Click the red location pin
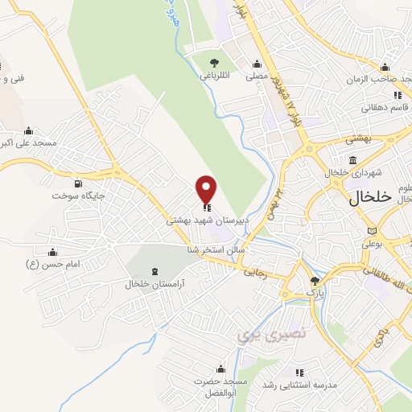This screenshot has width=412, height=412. click(x=207, y=189)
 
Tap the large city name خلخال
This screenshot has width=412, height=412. click(x=370, y=197)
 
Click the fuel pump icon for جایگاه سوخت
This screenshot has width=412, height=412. click(x=77, y=183)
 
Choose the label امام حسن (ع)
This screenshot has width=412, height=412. click(x=53, y=264)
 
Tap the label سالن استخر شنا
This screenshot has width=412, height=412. click(x=193, y=250)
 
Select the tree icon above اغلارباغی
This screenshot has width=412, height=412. click(x=214, y=63)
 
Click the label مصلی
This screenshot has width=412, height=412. click(x=257, y=76)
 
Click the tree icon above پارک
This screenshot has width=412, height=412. click(x=315, y=281)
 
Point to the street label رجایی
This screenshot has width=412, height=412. click(x=254, y=272)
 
